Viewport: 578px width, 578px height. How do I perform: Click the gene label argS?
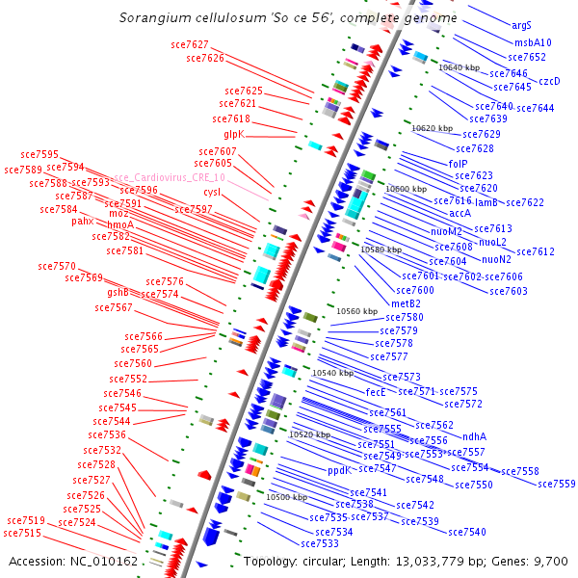coord(521,25)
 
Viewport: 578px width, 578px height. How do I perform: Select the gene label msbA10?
coord(533,42)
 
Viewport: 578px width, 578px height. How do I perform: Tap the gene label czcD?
coord(549,81)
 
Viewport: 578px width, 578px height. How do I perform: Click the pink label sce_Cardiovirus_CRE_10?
coord(169,178)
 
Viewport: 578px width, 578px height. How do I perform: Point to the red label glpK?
coord(234,134)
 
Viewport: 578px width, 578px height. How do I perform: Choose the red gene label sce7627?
coord(190,44)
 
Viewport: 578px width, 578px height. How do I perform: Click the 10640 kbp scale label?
coord(459,67)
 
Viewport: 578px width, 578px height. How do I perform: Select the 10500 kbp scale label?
coord(286,497)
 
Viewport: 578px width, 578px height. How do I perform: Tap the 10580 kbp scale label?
coord(381,249)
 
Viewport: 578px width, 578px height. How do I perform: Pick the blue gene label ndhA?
coord(475,435)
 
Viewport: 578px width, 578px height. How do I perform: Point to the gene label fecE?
coord(376,392)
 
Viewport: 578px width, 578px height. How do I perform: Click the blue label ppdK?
coord(339,471)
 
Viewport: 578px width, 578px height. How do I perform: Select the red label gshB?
coord(118,292)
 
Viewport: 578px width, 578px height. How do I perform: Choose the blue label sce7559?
coord(556,484)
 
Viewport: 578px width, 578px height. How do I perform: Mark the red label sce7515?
coord(22,533)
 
